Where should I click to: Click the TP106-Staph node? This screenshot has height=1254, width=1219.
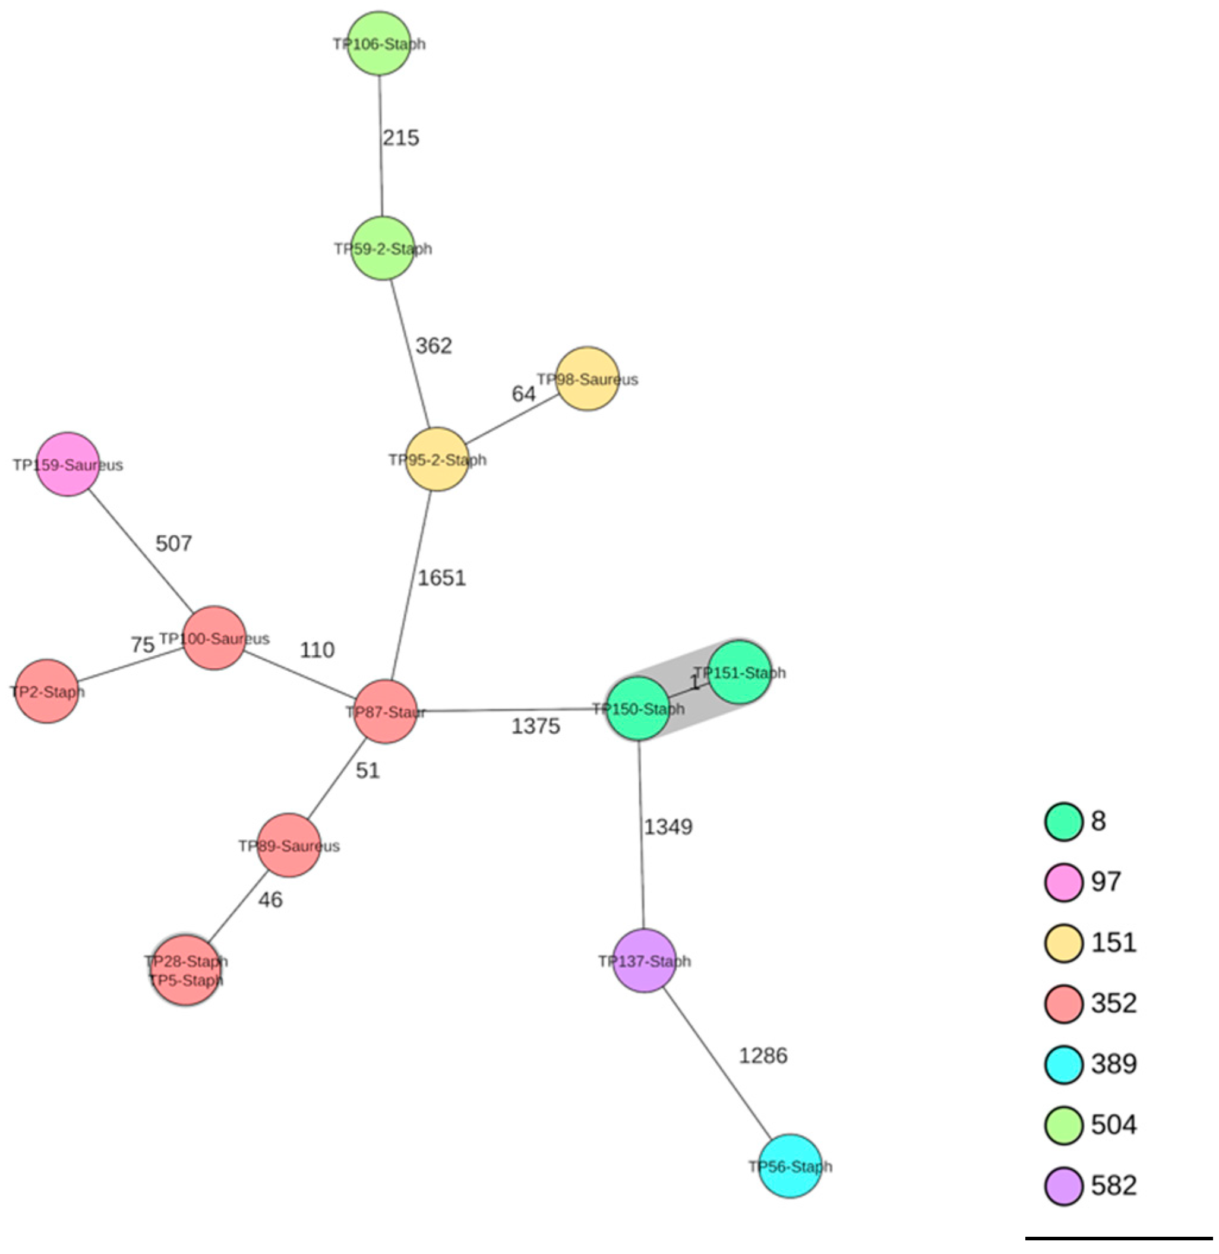click(x=379, y=43)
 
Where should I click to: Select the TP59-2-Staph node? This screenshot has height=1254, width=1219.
click(x=383, y=248)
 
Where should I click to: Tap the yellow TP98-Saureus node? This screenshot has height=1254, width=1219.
click(x=587, y=379)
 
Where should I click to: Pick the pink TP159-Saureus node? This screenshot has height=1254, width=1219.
click(x=68, y=464)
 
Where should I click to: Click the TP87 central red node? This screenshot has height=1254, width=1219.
click(x=386, y=711)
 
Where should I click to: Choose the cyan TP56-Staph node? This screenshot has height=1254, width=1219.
click(x=790, y=1165)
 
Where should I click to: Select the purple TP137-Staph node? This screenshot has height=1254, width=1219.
click(x=644, y=961)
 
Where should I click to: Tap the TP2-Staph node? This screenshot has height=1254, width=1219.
click(x=47, y=691)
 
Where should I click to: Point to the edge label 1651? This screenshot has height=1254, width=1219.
click(x=441, y=578)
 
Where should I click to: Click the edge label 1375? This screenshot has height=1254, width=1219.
click(x=535, y=726)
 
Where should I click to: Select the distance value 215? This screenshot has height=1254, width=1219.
click(x=401, y=138)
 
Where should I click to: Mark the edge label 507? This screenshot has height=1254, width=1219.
click(x=173, y=544)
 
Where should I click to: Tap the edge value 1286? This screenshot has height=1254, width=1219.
click(x=763, y=1056)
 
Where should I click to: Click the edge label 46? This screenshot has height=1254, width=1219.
click(x=270, y=899)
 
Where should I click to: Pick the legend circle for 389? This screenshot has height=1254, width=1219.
click(x=1063, y=1064)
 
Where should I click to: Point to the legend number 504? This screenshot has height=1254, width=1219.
click(x=1114, y=1124)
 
